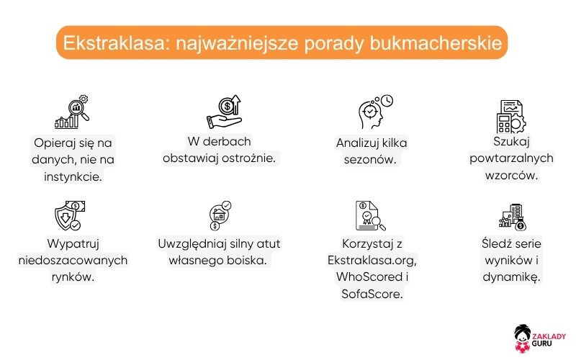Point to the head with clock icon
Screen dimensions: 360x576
(x=374, y=112)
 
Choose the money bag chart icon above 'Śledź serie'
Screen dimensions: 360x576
(x=511, y=215)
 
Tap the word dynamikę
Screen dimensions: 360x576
(x=511, y=276)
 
